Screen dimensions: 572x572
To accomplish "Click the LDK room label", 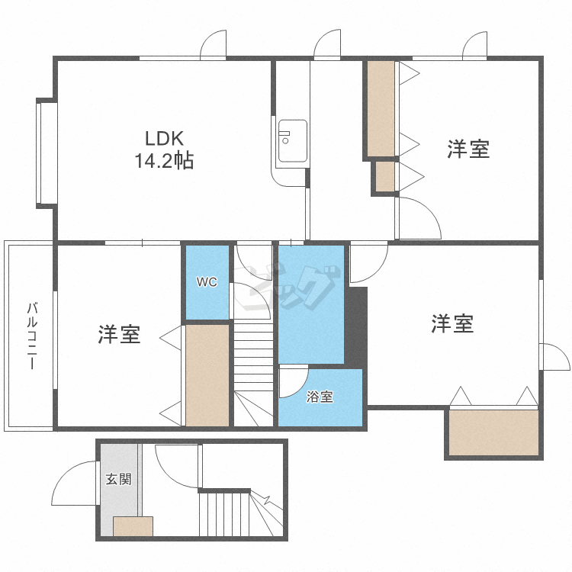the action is [164, 139].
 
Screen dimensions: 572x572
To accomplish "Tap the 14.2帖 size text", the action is [164, 160].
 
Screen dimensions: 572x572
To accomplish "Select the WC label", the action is [207, 282].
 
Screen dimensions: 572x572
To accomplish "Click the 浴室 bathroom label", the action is [320, 397].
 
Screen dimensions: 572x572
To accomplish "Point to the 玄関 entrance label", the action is [118, 479].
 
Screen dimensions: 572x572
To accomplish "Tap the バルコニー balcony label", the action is [32, 336].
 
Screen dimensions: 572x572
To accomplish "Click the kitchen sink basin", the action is [293, 141].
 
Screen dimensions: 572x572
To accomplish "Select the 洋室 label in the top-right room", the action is [468, 149].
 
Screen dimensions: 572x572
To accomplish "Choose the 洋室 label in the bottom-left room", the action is [119, 334].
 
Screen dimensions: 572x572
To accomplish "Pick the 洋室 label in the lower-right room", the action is [452, 323].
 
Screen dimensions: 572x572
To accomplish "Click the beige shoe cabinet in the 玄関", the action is [133, 526].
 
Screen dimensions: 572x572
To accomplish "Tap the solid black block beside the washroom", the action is [356, 327].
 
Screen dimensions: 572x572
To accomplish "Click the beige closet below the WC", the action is [207, 375].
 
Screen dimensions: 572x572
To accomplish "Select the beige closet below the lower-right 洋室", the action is [493, 432].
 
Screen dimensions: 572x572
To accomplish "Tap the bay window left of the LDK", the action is [47, 153].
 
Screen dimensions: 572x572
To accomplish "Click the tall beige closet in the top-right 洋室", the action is [381, 109].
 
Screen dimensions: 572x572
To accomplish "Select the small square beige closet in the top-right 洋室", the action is [385, 177].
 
